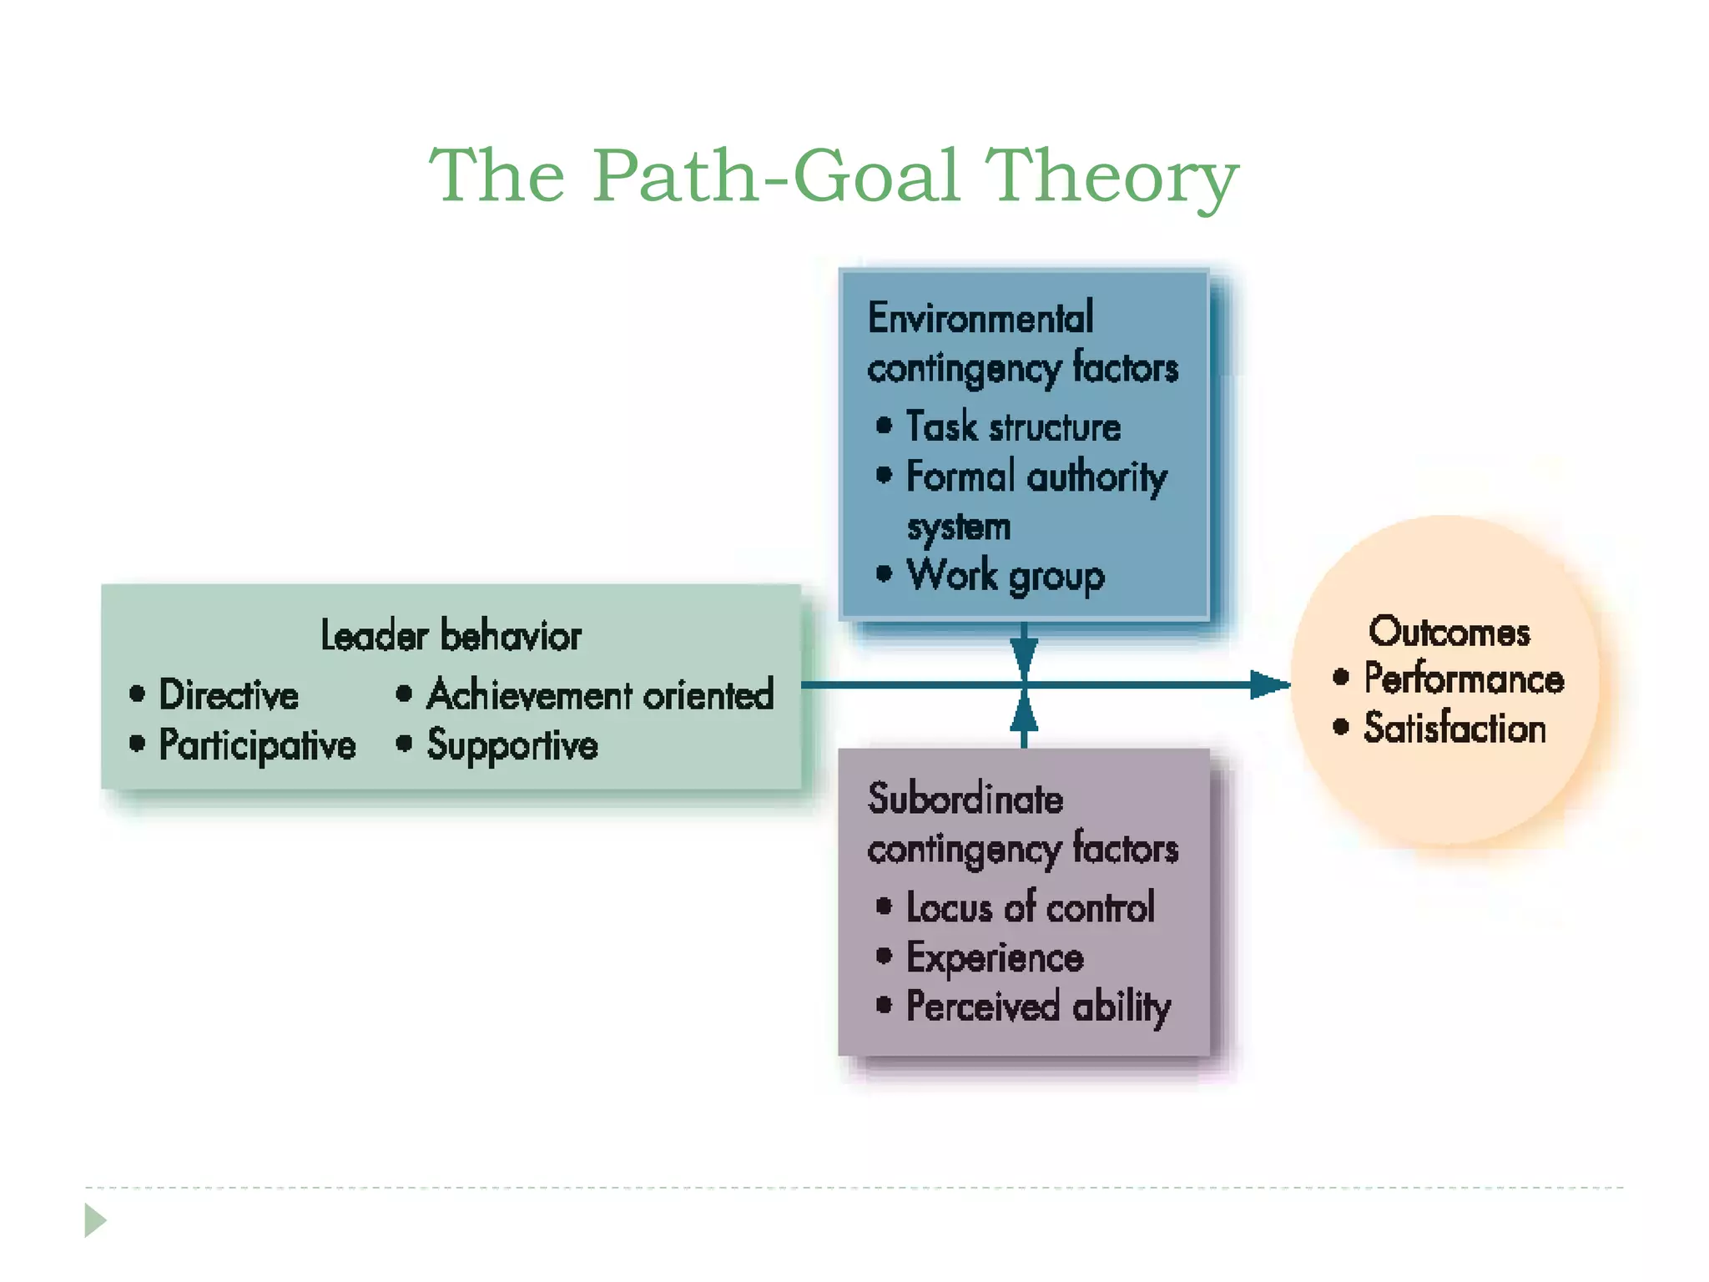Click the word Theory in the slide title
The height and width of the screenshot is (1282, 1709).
pyautogui.click(x=1112, y=176)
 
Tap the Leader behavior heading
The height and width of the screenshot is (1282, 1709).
pyautogui.click(x=451, y=636)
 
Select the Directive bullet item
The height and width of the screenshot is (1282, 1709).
pyautogui.click(x=229, y=695)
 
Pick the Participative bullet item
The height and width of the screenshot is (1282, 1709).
pyautogui.click(x=257, y=745)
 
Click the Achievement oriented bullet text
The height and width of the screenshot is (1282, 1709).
pyautogui.click(x=600, y=695)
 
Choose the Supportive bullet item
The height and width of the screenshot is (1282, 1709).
pyautogui.click(x=512, y=745)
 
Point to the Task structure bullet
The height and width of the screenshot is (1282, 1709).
pyautogui.click(x=1013, y=427)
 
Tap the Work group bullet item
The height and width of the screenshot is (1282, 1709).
pyautogui.click(x=1006, y=576)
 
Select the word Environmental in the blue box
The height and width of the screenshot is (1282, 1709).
pyautogui.click(x=981, y=318)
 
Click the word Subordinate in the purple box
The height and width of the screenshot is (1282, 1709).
pyautogui.click(x=965, y=799)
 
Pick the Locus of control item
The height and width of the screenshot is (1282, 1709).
pyautogui.click(x=1031, y=907)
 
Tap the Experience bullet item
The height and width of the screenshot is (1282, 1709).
pyautogui.click(x=995, y=957)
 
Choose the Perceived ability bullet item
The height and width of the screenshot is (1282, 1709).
pyautogui.click(x=1038, y=1007)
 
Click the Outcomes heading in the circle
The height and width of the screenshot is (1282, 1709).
pyautogui.click(x=1449, y=632)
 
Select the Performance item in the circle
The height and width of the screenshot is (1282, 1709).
pyautogui.click(x=1464, y=679)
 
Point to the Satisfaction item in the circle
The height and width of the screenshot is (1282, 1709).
pyautogui.click(x=1454, y=728)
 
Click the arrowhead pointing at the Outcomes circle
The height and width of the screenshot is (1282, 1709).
pyautogui.click(x=1269, y=685)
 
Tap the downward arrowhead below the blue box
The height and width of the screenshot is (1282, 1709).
pyautogui.click(x=1024, y=654)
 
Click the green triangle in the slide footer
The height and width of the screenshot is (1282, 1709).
pyautogui.click(x=95, y=1220)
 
